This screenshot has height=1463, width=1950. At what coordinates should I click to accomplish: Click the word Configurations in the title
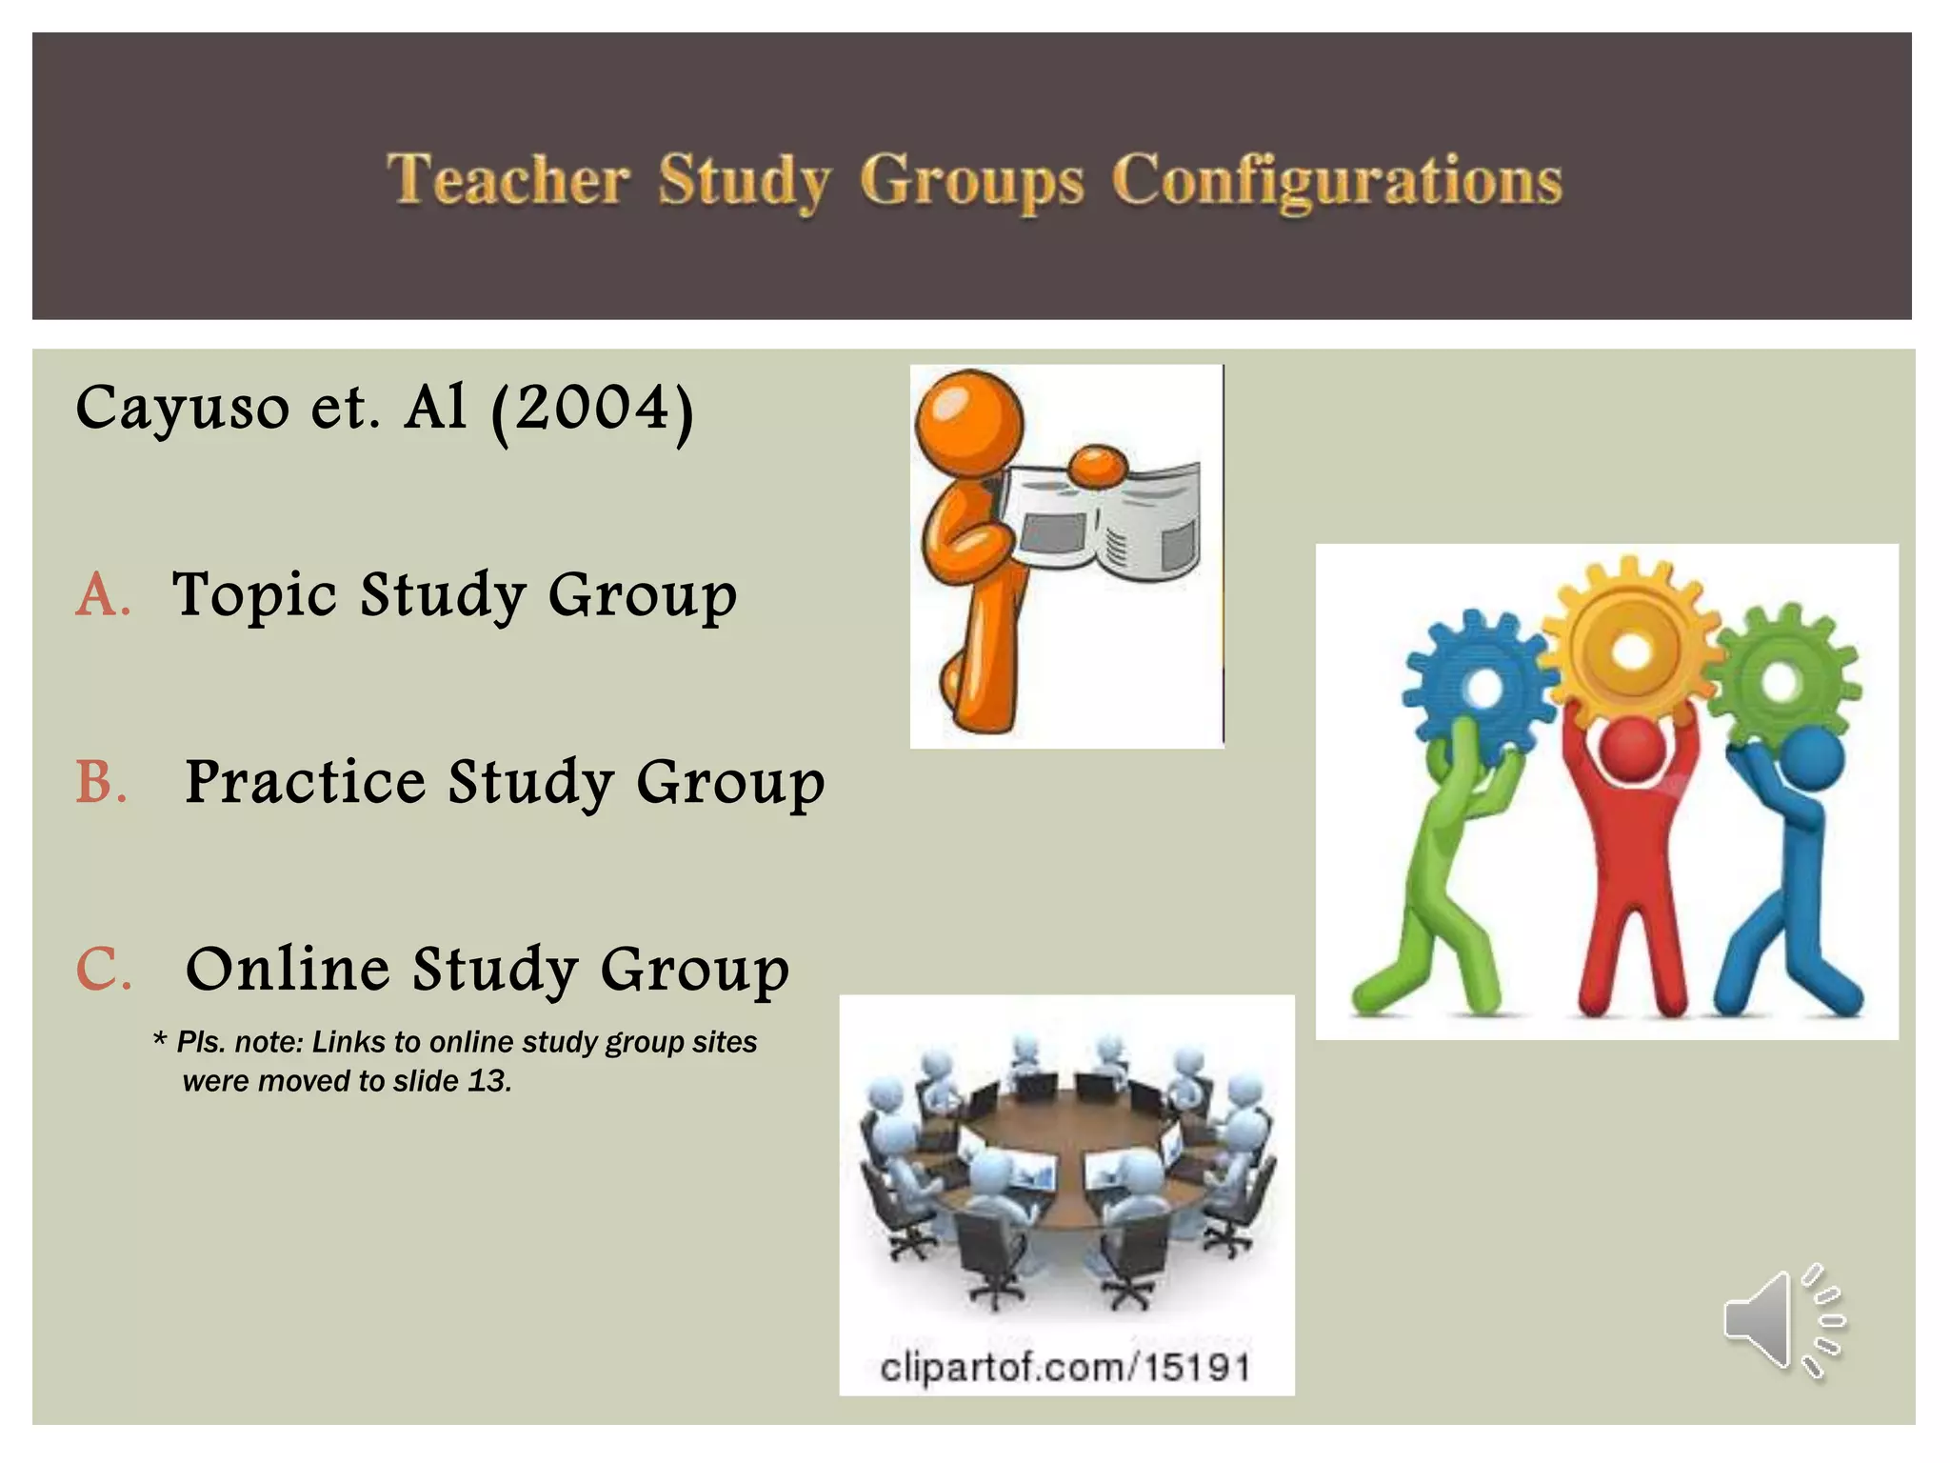point(1337,181)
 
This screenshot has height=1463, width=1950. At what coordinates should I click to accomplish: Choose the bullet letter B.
point(101,782)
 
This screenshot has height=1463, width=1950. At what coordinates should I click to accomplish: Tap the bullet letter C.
point(103,970)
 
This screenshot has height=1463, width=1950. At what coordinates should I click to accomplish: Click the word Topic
point(254,595)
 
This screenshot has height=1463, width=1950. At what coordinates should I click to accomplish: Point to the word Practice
point(305,782)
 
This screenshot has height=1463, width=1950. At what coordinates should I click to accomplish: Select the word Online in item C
point(288,970)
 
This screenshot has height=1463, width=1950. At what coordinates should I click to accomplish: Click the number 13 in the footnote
point(488,1081)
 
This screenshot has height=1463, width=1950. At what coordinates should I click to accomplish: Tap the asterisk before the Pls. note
point(160,1039)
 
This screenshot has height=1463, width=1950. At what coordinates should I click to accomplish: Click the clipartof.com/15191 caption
point(1065,1368)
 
